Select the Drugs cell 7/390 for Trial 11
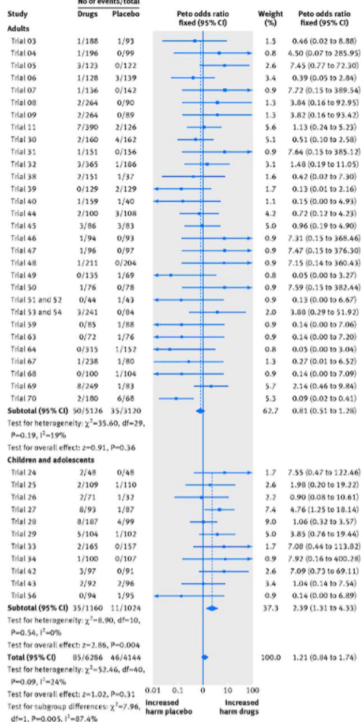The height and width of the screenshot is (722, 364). (86, 127)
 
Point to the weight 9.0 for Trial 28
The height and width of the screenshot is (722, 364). (270, 522)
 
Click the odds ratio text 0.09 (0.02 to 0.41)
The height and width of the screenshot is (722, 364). (324, 398)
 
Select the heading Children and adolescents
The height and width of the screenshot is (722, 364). (50, 460)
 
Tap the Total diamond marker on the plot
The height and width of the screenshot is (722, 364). (204, 657)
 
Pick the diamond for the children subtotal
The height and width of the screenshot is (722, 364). (212, 608)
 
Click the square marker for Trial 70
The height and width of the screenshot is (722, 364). (176, 398)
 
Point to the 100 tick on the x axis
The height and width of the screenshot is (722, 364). (252, 690)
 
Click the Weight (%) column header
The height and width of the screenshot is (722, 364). (270, 19)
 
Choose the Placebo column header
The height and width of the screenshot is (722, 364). (126, 14)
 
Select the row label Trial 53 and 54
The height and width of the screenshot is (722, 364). (36, 312)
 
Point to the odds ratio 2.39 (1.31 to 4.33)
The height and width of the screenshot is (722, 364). (324, 608)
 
